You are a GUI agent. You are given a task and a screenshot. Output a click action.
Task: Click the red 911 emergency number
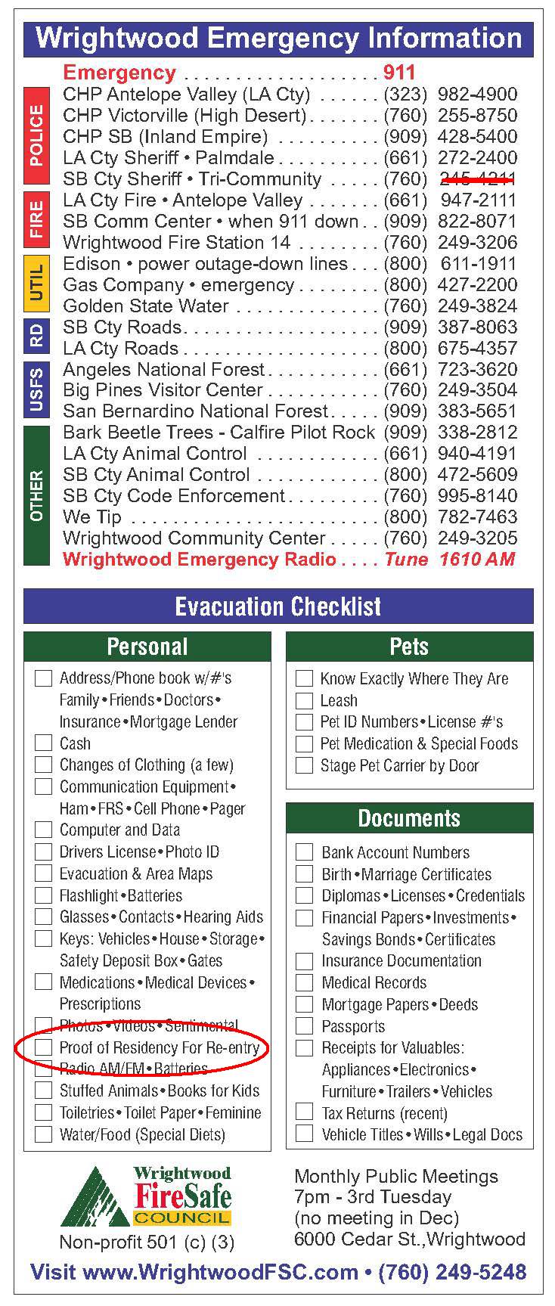point(399,73)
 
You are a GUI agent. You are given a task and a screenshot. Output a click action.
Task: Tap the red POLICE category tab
point(36,136)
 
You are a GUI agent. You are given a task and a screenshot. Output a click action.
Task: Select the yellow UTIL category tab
point(36,284)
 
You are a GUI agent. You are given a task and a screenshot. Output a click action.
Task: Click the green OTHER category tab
point(36,495)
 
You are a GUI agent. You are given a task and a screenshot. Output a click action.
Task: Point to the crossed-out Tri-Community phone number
point(477,179)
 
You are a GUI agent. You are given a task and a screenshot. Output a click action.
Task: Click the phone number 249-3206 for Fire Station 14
point(477,243)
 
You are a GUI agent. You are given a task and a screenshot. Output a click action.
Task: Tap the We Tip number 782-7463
point(477,517)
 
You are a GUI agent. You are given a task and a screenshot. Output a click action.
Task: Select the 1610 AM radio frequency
point(477,560)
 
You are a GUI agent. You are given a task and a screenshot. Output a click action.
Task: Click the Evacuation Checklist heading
point(278,606)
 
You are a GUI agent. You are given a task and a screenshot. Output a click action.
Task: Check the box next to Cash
point(44,743)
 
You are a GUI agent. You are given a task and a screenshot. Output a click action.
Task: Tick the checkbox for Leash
point(304,701)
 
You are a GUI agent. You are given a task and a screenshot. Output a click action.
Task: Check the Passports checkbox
point(304,1026)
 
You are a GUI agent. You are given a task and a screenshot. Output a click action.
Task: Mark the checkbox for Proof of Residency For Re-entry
point(44,1048)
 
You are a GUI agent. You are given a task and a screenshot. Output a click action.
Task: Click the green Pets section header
point(409,647)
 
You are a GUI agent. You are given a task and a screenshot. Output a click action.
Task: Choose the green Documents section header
point(409,818)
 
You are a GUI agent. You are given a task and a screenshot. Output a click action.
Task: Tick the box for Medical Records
point(304,983)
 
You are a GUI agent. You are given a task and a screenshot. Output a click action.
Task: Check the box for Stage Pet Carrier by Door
point(304,765)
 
